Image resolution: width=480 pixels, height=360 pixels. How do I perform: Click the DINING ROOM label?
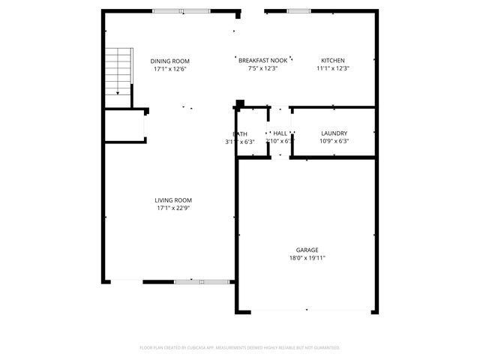[169, 61]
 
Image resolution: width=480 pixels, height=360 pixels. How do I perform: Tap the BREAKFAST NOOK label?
[263, 61]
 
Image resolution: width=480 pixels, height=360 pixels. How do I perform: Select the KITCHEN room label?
[333, 61]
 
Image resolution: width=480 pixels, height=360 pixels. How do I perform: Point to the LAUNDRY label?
[334, 133]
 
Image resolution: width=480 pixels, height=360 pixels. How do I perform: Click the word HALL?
[280, 133]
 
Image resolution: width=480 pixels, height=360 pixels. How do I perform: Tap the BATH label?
[240, 134]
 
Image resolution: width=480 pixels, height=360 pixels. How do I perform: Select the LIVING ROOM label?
[173, 200]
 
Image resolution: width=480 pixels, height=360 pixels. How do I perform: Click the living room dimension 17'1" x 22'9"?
[173, 208]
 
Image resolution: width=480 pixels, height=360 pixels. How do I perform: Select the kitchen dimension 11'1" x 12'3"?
[333, 69]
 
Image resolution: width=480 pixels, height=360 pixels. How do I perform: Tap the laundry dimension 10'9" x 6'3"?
[334, 141]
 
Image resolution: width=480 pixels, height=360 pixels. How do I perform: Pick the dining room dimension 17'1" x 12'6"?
[169, 69]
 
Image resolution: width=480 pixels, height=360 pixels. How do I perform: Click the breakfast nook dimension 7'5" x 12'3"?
[263, 69]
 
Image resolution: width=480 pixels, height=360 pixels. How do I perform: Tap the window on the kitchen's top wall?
[298, 10]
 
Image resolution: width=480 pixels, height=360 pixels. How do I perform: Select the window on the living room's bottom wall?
[189, 282]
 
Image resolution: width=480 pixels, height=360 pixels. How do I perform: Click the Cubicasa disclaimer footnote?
[240, 347]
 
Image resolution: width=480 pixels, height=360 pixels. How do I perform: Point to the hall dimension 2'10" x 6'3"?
[280, 140]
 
